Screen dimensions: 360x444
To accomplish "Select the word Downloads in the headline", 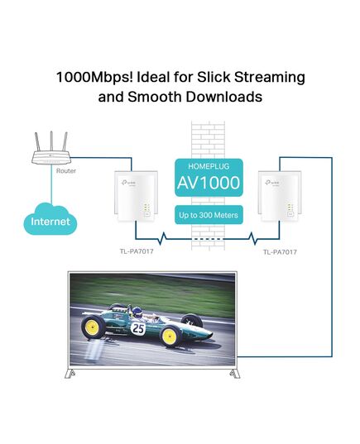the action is (224, 97).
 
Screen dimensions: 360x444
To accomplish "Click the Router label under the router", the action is (66, 171).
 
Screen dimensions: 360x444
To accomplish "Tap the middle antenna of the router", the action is (51, 141).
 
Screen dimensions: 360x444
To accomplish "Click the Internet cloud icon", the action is (50, 218).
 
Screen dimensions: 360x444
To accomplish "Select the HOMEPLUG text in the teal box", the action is (209, 166).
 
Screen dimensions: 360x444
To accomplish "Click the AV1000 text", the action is (209, 183).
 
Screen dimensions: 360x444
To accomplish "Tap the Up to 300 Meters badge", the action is (209, 215).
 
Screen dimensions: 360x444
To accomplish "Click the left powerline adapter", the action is (136, 196).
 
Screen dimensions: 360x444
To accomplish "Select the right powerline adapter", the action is (280, 196).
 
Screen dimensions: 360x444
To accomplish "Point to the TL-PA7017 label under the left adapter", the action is (137, 251).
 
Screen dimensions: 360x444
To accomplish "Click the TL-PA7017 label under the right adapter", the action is (280, 252).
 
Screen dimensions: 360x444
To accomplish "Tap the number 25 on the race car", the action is (138, 328).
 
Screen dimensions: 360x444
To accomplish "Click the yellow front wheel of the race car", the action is (171, 337).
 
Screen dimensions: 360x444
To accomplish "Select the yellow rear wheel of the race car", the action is (94, 327).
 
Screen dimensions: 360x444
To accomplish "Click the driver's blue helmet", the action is (137, 312).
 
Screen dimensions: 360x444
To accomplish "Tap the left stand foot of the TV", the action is (70, 374).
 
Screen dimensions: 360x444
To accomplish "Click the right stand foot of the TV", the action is (235, 374).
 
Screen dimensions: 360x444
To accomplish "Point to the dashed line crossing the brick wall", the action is (208, 239).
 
